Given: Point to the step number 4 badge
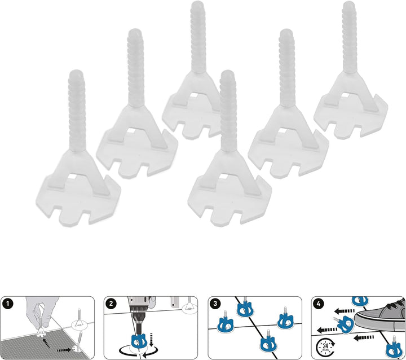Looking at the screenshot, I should (x=320, y=304).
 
